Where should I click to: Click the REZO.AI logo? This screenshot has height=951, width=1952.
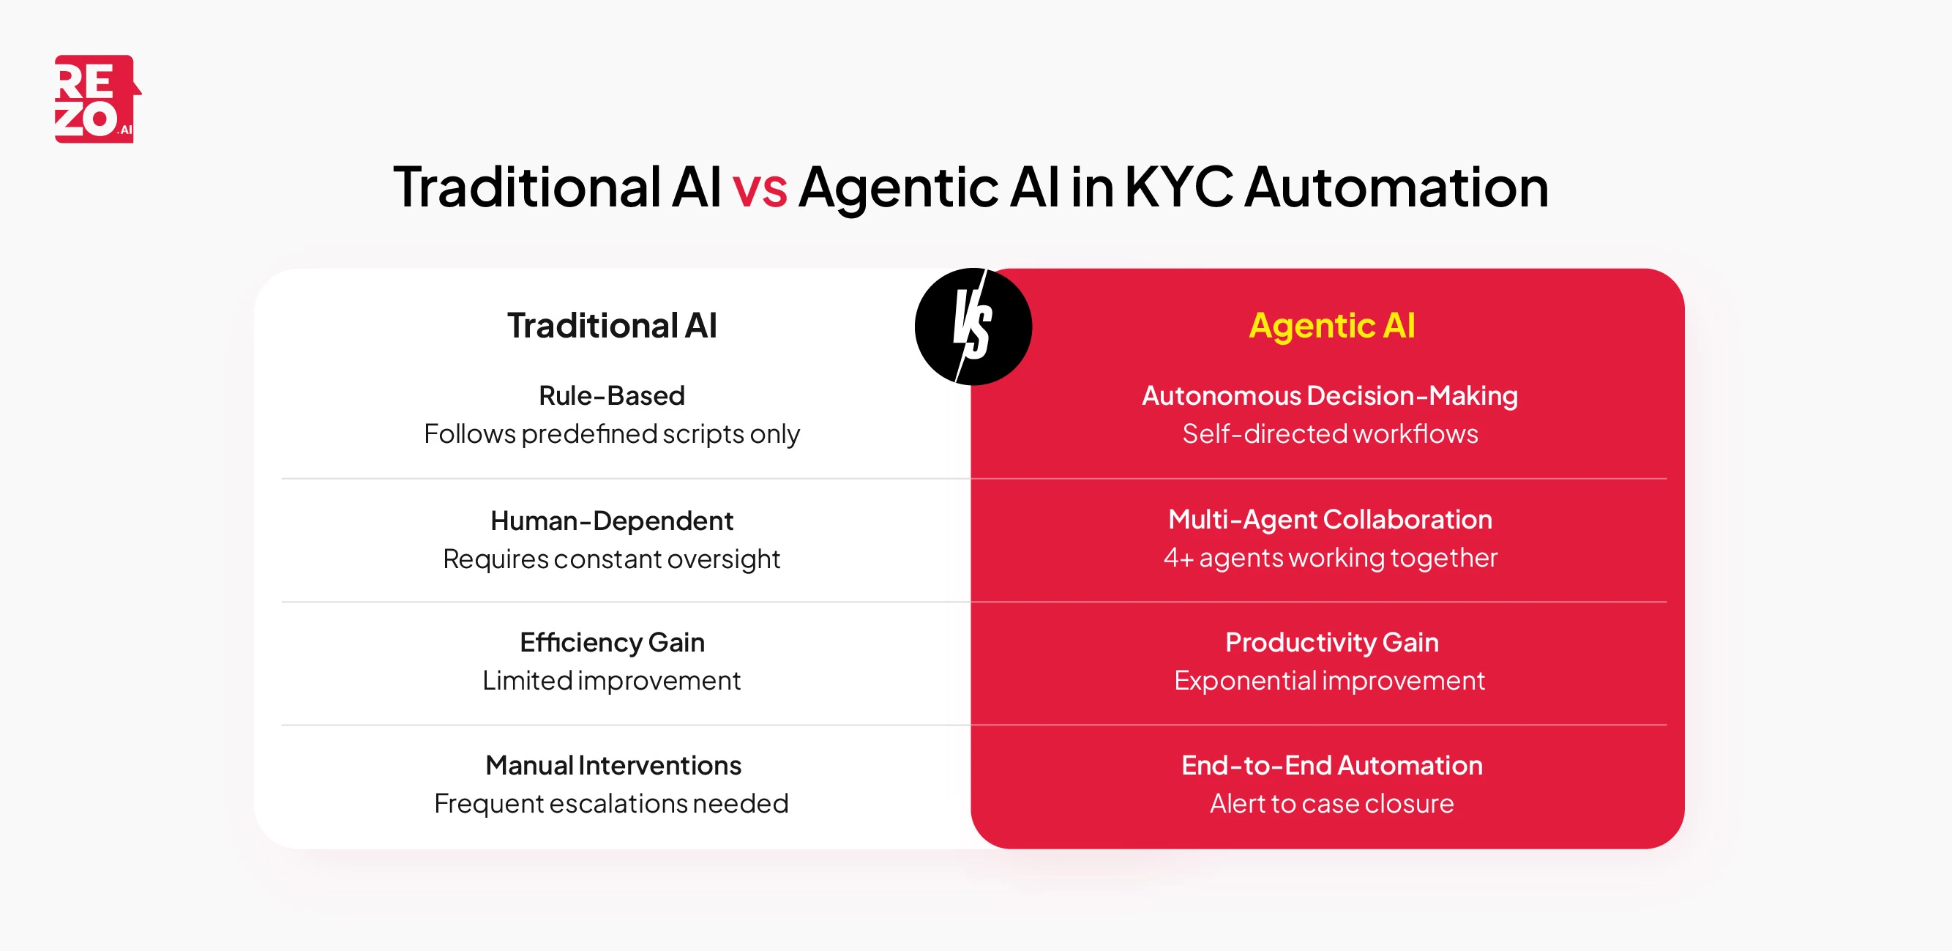[97, 99]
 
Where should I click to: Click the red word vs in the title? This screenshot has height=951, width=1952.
[759, 187]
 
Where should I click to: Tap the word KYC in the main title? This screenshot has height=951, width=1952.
[1179, 187]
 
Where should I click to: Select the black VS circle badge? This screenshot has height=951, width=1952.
[973, 327]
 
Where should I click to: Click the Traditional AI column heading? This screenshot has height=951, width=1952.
[612, 326]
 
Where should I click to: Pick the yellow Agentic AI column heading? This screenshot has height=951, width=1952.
[1331, 326]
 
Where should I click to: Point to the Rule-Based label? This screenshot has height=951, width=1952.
[612, 395]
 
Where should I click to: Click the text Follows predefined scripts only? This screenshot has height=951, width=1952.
[612, 434]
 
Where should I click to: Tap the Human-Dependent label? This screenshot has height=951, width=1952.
[612, 521]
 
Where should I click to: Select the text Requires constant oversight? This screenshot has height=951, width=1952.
[612, 559]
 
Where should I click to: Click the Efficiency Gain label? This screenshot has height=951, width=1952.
[612, 643]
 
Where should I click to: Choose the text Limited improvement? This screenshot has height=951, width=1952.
[612, 680]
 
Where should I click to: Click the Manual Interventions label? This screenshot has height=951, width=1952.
[613, 765]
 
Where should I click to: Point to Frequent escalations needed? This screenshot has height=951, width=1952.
[612, 803]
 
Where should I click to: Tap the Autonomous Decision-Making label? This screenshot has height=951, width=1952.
[1330, 395]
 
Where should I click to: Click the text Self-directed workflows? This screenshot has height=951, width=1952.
[1330, 434]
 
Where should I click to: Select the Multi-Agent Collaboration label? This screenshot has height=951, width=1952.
[1330, 520]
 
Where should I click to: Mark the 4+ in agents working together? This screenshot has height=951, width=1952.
[1178, 559]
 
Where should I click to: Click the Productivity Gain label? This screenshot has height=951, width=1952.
[1331, 643]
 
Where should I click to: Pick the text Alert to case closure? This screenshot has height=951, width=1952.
[1331, 803]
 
